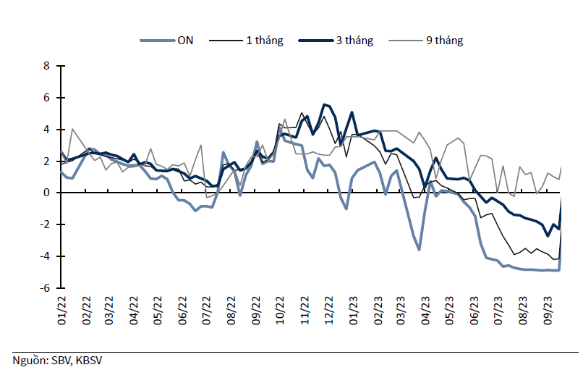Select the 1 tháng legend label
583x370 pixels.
pos(264,41)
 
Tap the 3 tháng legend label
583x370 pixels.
pos(354,41)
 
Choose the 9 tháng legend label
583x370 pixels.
pos(444,41)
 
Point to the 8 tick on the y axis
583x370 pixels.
pos(46,66)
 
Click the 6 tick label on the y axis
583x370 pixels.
pos(46,98)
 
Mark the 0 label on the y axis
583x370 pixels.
pos(46,193)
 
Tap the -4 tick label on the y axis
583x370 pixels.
pos(45,256)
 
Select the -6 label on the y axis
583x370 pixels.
pos(45,287)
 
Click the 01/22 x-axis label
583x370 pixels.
pos(61,311)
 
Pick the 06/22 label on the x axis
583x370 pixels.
pos(182,311)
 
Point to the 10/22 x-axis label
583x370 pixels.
pos(280,311)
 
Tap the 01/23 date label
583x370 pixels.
pos(353,311)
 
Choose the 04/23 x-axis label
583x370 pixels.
pos(426,311)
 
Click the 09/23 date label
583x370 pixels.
pos(548,311)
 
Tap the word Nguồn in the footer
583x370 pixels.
pos(30,361)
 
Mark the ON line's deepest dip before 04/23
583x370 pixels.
pos(419,250)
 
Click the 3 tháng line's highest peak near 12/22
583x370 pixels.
pos(324,104)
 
